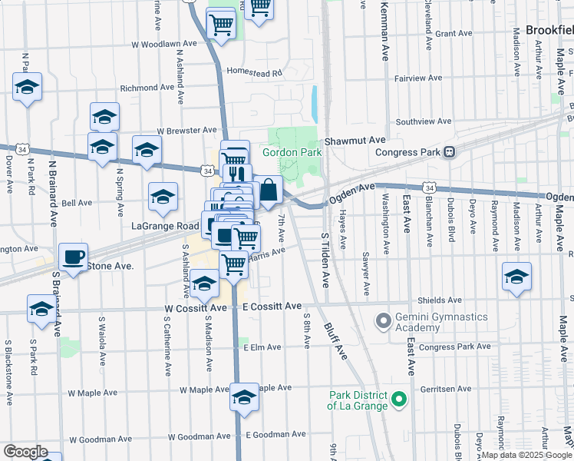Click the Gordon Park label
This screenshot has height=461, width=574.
coord(292,152)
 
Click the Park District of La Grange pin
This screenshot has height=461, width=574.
coord(398,400)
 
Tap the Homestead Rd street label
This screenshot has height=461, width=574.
coord(254,73)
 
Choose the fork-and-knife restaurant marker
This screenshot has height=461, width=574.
coord(237,175)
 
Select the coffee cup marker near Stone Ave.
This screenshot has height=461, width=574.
coord(74,257)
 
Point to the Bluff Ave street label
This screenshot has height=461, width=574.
coord(336,338)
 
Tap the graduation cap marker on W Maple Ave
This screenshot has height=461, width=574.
coord(244,397)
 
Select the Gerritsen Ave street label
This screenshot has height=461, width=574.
coord(446,390)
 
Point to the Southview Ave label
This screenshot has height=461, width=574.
coord(424,121)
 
